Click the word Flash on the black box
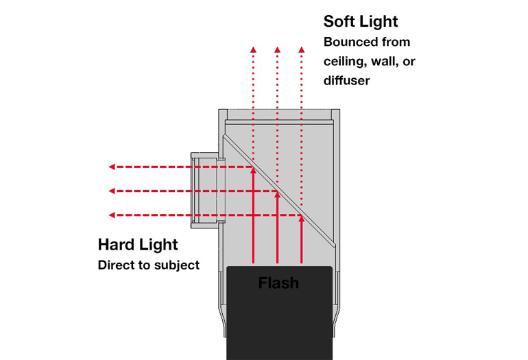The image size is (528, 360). click(x=278, y=282)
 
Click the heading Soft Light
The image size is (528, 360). click(x=361, y=21)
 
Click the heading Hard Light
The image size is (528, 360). click(x=138, y=245)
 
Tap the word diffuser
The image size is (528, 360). click(x=347, y=80)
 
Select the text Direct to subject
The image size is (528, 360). click(x=149, y=265)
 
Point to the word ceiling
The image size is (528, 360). click(x=344, y=61)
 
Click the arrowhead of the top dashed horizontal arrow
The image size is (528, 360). click(x=112, y=167)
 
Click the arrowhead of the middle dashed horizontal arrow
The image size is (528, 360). click(x=112, y=191)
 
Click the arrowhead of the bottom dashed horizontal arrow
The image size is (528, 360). click(x=112, y=215)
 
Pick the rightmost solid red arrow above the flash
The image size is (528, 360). click(x=302, y=240)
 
